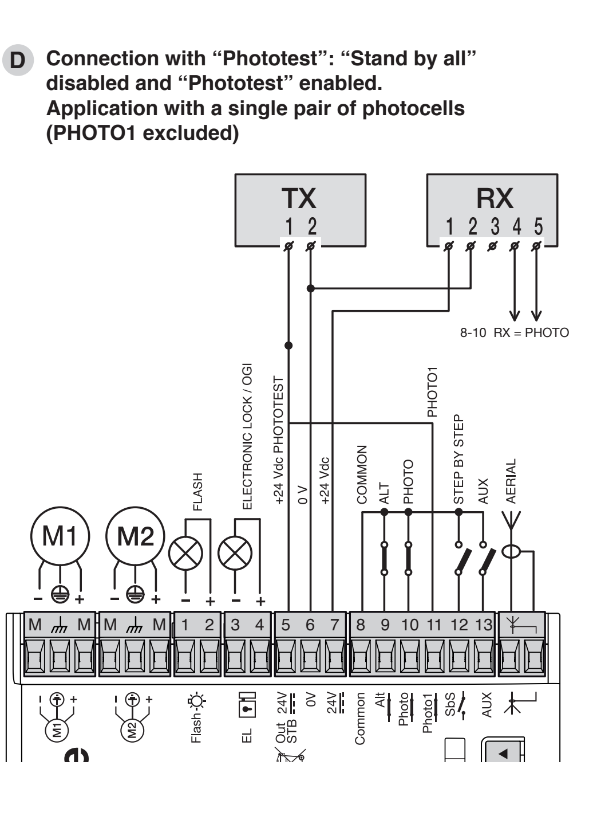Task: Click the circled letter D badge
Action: coord(18,60)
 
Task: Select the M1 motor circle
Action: coord(60,536)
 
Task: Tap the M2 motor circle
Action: coord(135,536)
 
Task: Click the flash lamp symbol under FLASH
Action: coord(185,553)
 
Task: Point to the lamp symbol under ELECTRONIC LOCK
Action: coord(235,553)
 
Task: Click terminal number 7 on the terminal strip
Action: coord(334,625)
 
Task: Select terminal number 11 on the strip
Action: coord(434,625)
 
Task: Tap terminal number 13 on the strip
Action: coord(484,625)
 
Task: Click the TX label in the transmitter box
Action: coord(299,198)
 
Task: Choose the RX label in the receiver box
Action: coord(495,198)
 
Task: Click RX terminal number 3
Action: coord(495,226)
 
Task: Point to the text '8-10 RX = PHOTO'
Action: coord(515,332)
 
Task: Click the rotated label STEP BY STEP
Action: coord(458,459)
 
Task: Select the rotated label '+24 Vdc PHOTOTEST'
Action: coord(278,441)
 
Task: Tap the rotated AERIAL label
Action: coord(511,481)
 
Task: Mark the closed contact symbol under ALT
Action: coord(384,559)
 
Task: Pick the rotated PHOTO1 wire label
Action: coord(432,392)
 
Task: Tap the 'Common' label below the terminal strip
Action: coord(360,719)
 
